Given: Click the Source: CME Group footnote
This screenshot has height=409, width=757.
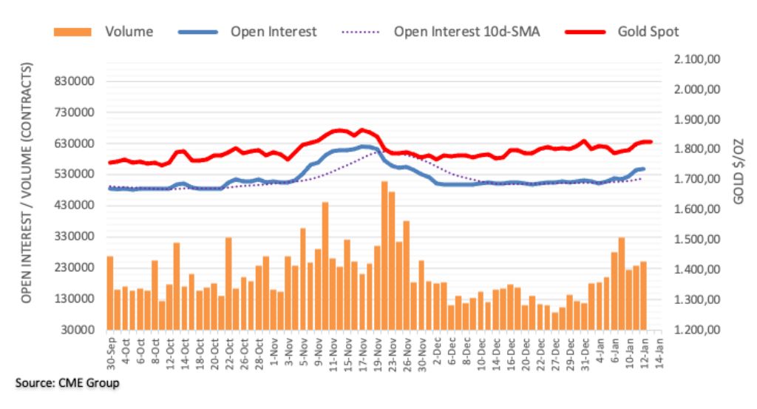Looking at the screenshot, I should [67, 383].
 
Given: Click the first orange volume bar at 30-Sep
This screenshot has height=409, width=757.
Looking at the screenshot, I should [110, 292].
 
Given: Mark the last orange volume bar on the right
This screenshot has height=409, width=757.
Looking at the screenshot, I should [643, 295].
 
